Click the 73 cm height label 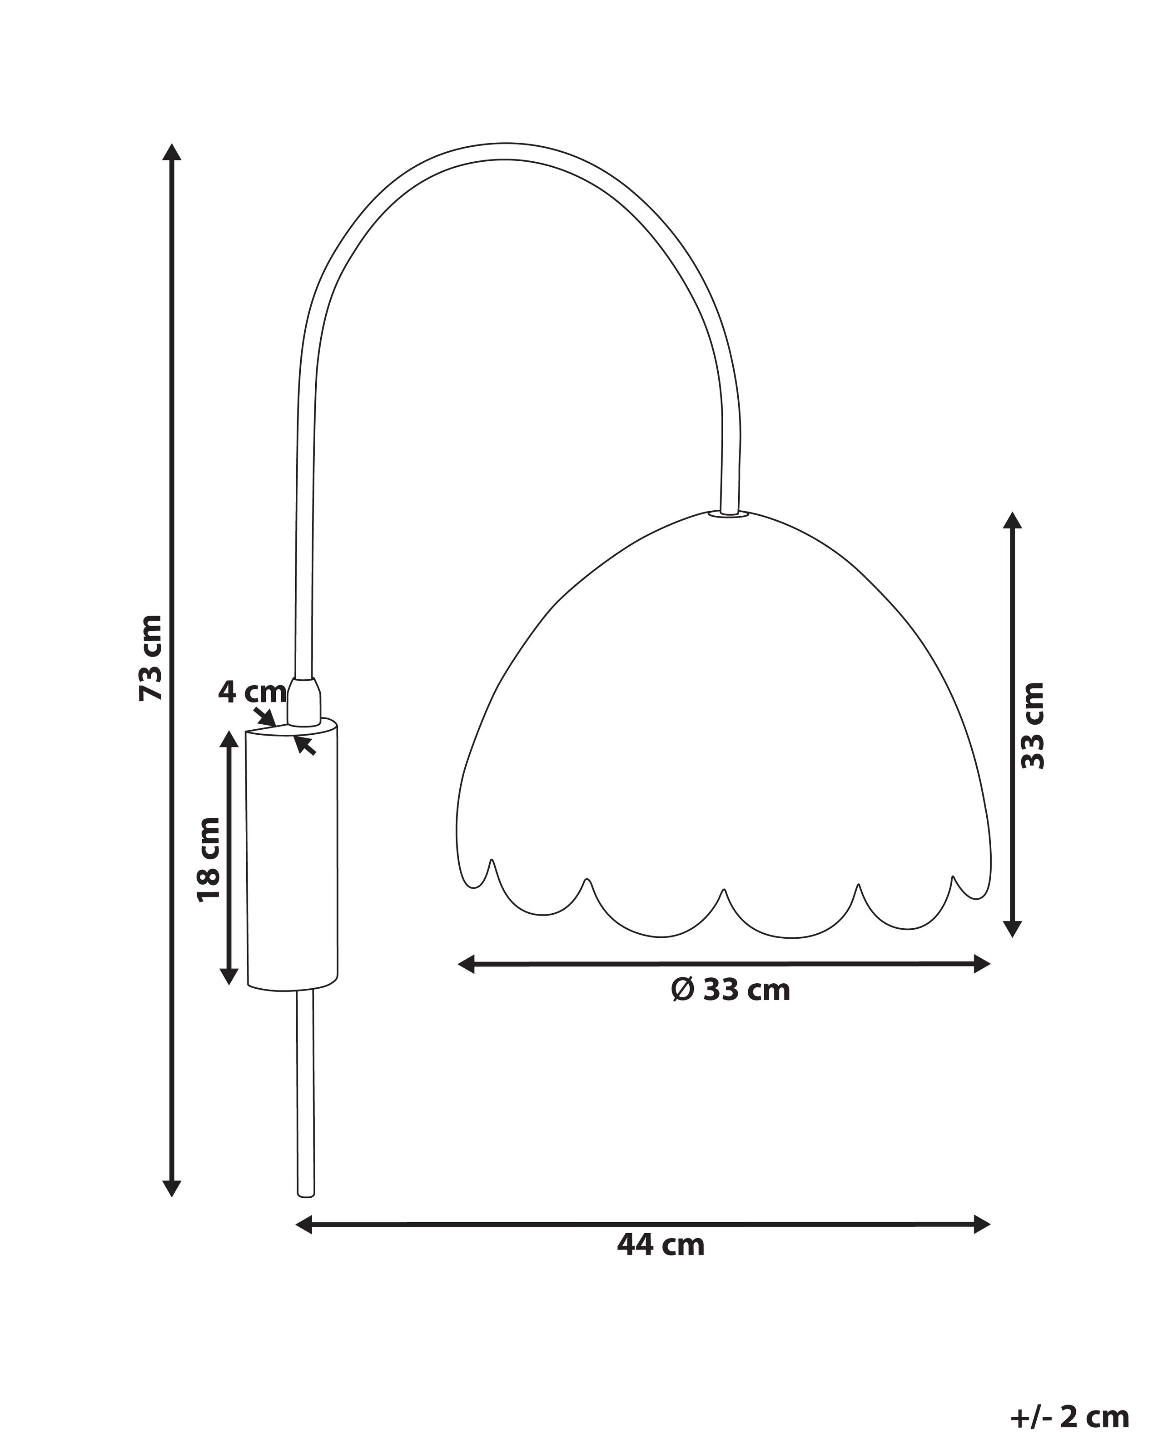tap(150, 657)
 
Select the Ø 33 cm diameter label tap(730, 990)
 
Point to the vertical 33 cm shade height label tap(1032, 726)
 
